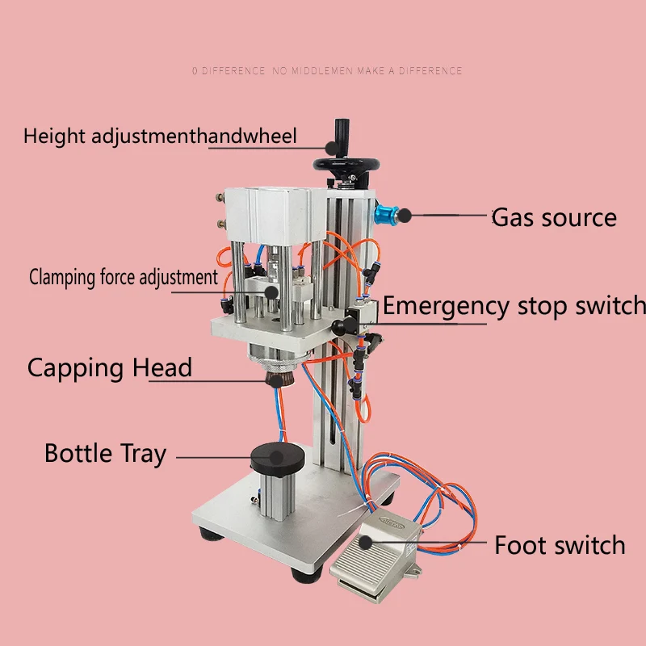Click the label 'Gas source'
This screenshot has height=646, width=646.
pyautogui.click(x=554, y=217)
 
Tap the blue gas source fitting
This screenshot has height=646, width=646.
pyautogui.click(x=386, y=216)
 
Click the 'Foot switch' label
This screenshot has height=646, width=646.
pyautogui.click(x=560, y=545)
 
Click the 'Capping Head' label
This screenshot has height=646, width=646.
pyautogui.click(x=110, y=368)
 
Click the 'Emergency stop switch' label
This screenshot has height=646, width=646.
pyautogui.click(x=514, y=306)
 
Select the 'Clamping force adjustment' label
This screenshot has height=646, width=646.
pyautogui.click(x=124, y=278)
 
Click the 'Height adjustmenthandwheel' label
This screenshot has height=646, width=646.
pyautogui.click(x=160, y=136)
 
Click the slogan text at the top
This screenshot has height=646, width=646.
pyautogui.click(x=327, y=71)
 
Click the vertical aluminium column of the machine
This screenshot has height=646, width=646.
pyautogui.click(x=339, y=404)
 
